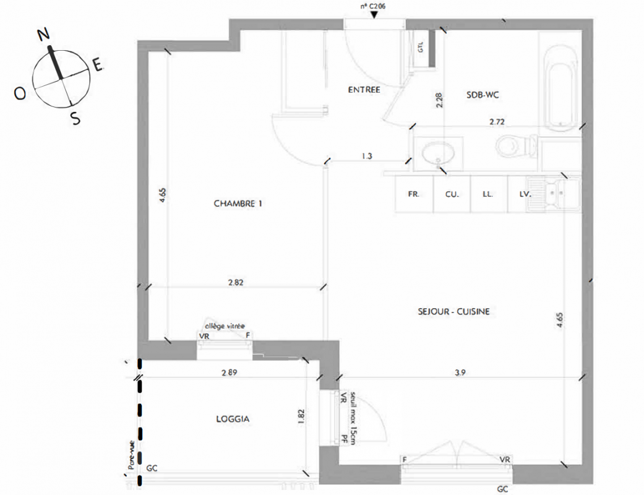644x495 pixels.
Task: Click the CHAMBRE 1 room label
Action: point(238,204)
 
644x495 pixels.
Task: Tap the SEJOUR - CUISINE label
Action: point(454,311)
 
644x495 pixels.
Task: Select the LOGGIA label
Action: point(233,419)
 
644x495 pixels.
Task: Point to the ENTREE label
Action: point(364,90)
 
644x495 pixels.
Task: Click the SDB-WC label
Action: point(483,95)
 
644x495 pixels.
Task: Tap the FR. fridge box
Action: point(414,194)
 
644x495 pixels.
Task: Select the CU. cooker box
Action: point(452,194)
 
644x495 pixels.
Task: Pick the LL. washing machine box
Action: point(489,194)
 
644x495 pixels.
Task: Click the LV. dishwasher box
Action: point(517,194)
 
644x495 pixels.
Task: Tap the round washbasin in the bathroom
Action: point(438,153)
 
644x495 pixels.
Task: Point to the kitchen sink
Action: point(553,194)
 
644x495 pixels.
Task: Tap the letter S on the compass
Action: point(75,119)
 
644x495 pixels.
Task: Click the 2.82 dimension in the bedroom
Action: point(236,282)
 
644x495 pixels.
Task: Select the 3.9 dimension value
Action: point(460,372)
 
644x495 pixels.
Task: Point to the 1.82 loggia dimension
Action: point(302,416)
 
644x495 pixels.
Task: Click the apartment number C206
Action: point(373,6)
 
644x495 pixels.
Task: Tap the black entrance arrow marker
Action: point(374,15)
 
